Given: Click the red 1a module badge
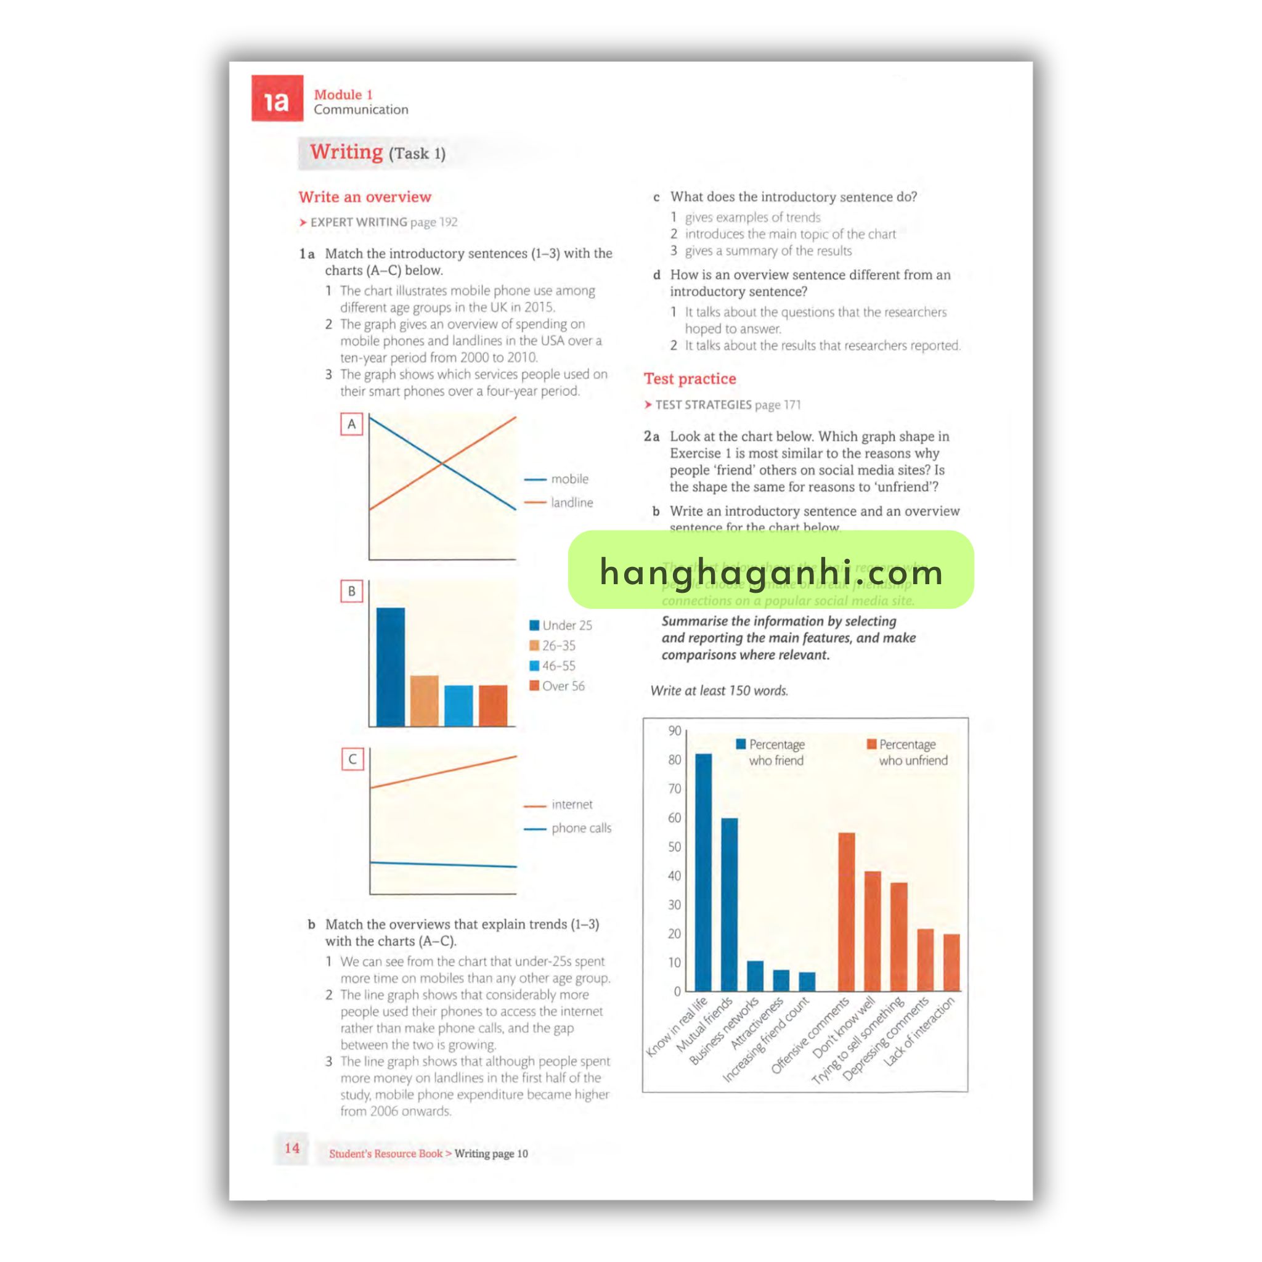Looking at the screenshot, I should (277, 99).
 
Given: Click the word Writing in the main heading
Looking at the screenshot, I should (346, 152).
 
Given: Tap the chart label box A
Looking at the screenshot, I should (351, 425).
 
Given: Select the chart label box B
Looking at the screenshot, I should (351, 591).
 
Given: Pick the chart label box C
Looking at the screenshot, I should (352, 759).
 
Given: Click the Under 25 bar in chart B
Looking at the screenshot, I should (391, 666).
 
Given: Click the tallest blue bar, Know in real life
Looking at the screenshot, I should (704, 872).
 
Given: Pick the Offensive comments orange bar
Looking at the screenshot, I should (847, 912).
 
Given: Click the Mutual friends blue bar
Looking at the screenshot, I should (730, 905).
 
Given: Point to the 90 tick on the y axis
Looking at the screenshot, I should (674, 731).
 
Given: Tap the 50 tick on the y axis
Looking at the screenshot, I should (674, 847).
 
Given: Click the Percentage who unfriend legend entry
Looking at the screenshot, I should (908, 752).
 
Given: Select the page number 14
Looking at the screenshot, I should (292, 1147).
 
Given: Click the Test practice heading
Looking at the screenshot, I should (690, 379).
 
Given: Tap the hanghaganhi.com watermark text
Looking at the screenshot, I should (771, 572).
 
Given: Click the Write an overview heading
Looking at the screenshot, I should (365, 197).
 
